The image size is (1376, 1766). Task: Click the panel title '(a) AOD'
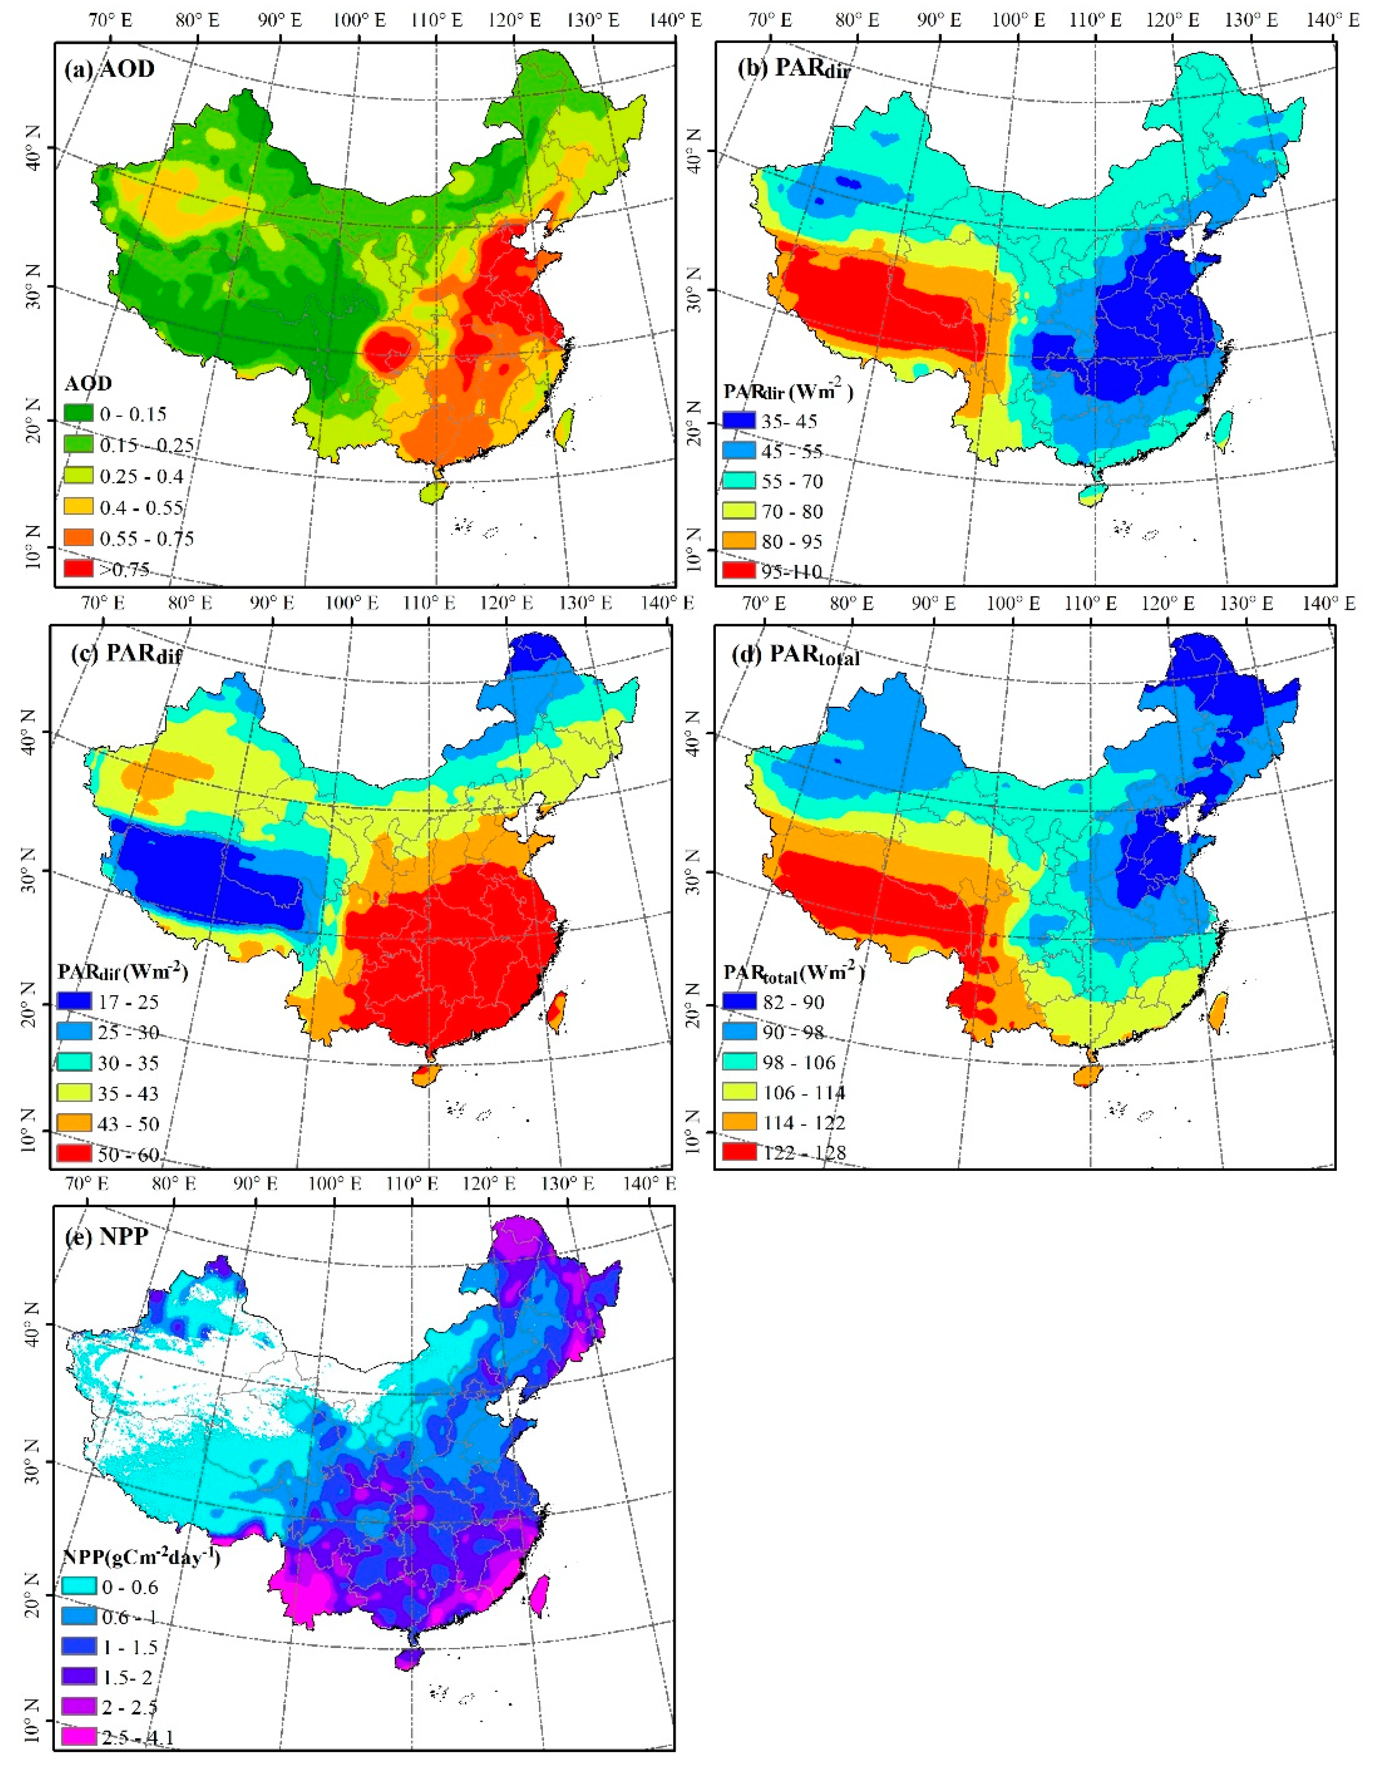109,69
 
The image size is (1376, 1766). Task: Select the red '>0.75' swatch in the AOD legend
78,568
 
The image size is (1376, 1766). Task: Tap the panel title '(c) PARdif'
125,655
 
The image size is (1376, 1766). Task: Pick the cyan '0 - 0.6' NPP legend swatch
78,1587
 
